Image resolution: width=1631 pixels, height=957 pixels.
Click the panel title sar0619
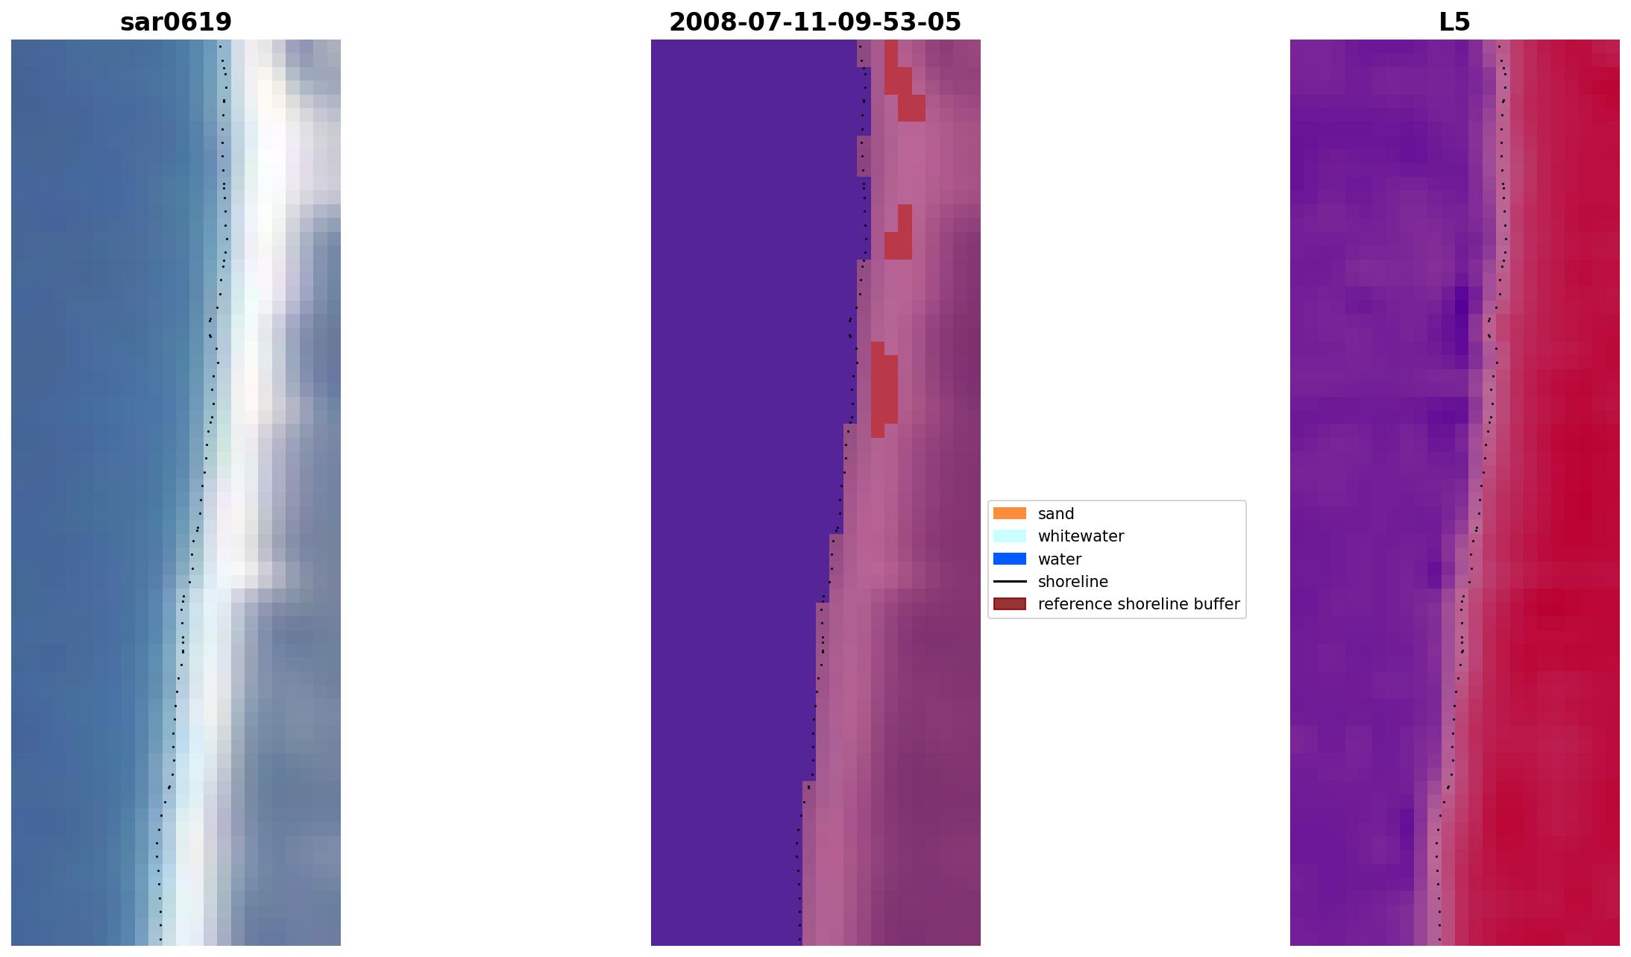pyautogui.click(x=176, y=22)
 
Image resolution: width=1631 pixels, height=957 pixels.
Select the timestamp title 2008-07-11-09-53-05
pyautogui.click(x=815, y=22)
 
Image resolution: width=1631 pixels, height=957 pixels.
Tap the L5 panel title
pyautogui.click(x=1454, y=22)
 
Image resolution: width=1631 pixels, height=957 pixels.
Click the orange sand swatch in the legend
pyautogui.click(x=1009, y=513)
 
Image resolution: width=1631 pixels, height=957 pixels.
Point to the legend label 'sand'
pyautogui.click(x=1055, y=514)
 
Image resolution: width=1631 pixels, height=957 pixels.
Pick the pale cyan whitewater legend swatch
pyautogui.click(x=1009, y=536)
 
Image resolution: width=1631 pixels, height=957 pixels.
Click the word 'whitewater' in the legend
pyautogui.click(x=1081, y=536)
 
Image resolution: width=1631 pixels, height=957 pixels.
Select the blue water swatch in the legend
pyautogui.click(x=1009, y=559)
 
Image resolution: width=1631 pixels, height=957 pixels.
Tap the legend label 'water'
pyautogui.click(x=1059, y=559)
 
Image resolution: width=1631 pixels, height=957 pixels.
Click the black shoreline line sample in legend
pyautogui.click(x=1009, y=582)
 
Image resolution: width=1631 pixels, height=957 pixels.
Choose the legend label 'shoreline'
pyautogui.click(x=1072, y=582)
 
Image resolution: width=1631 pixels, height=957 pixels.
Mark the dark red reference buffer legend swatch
pyautogui.click(x=1009, y=604)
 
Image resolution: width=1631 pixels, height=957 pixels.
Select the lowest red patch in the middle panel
pyautogui.click(x=884, y=388)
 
